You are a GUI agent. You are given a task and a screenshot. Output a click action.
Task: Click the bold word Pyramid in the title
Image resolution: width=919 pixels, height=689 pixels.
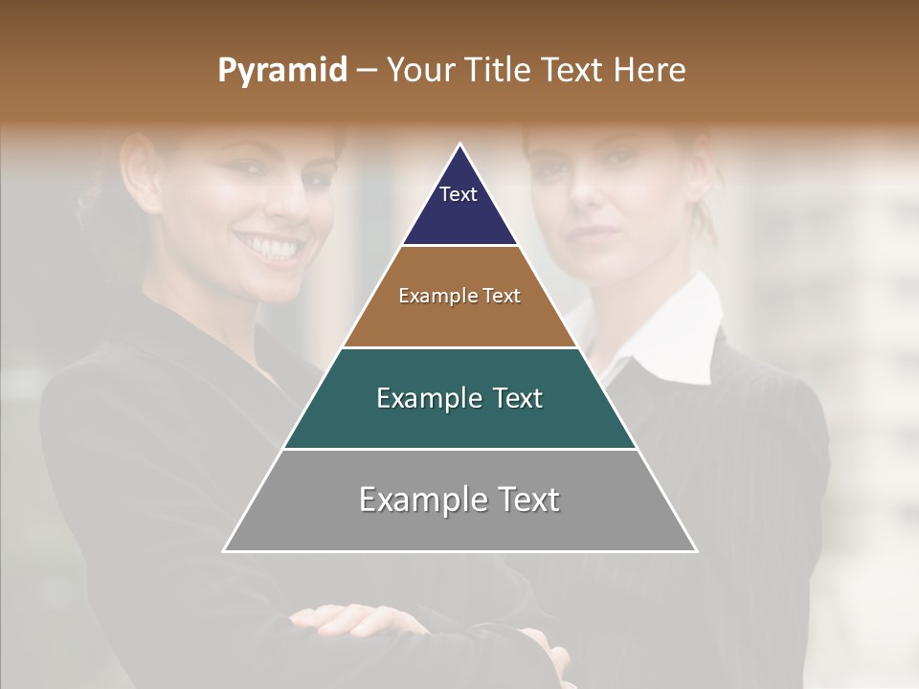click(x=282, y=71)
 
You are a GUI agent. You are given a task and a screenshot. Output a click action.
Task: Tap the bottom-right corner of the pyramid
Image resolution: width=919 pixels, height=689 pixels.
click(x=695, y=550)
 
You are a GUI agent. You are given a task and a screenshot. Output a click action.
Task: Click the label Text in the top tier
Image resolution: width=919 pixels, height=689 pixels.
click(x=459, y=194)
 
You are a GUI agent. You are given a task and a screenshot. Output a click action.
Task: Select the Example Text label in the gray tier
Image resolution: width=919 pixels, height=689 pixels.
click(x=459, y=500)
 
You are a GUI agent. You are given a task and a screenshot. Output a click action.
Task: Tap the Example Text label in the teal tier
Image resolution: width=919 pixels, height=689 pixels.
click(x=459, y=398)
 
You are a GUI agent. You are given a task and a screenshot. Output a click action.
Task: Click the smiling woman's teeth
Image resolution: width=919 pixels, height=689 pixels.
click(x=270, y=249)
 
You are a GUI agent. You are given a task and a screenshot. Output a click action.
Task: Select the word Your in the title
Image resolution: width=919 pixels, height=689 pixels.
click(x=420, y=71)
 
